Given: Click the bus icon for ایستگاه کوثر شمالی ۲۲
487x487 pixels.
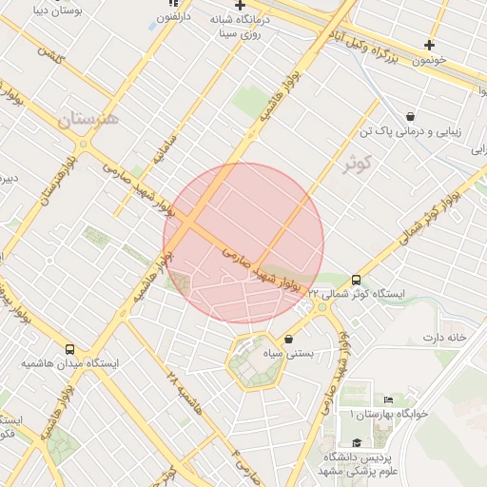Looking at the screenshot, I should (x=356, y=280).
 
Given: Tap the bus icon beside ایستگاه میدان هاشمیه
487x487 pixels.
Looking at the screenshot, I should (x=69, y=349).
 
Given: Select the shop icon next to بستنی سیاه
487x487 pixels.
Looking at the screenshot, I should (x=288, y=340).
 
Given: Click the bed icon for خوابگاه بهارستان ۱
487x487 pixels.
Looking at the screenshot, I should (x=388, y=399).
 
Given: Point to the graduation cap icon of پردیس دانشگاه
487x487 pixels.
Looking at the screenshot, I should (x=357, y=442).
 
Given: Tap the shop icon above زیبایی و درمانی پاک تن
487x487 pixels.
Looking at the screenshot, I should (x=409, y=116).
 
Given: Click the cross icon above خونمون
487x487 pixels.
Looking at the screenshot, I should (x=430, y=45).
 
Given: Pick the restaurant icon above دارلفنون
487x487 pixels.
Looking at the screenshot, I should (x=172, y=4).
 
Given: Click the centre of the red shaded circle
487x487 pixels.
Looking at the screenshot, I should (x=243, y=243).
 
